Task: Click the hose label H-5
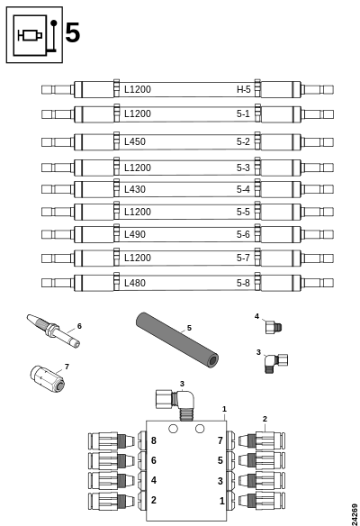[244, 89]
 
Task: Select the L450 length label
[135, 141]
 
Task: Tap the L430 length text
[135, 189]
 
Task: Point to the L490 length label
[135, 234]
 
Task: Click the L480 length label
[135, 283]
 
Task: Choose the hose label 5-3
[243, 168]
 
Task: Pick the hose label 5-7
[243, 258]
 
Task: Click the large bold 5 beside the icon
[72, 32]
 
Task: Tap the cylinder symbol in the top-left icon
[31, 35]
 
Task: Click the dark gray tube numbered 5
[177, 340]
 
